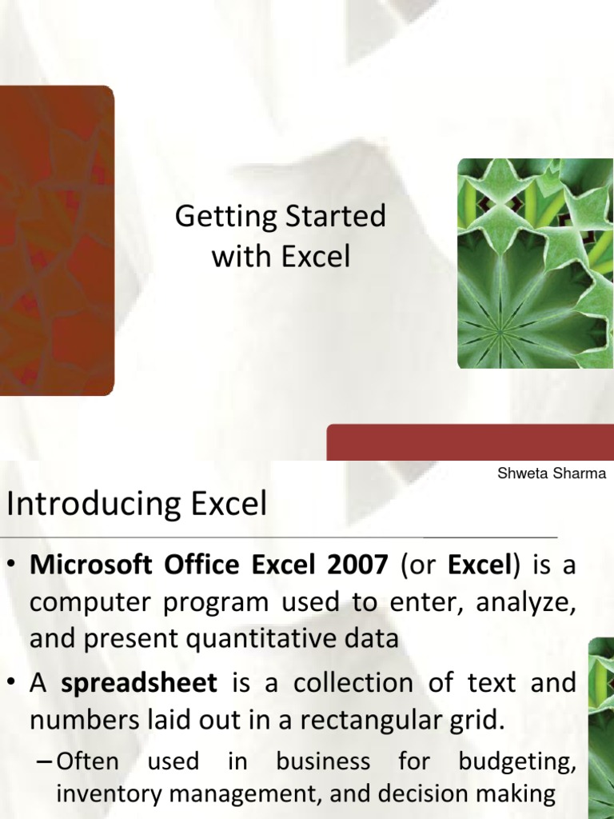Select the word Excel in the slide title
click(x=315, y=257)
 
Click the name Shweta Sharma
click(x=552, y=473)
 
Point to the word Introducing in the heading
click(x=86, y=505)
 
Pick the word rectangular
click(x=371, y=720)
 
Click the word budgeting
click(x=517, y=761)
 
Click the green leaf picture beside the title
click(x=535, y=263)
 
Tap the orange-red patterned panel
click(x=56, y=240)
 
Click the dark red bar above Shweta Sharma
click(x=470, y=442)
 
